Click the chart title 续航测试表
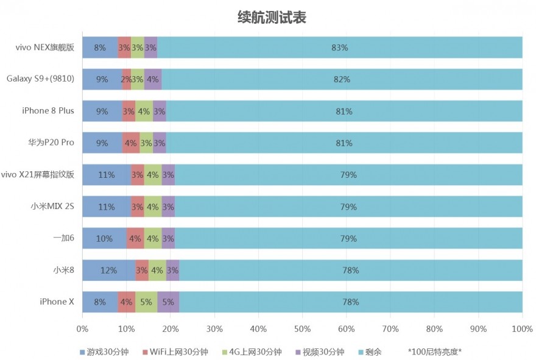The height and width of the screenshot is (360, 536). [271, 18]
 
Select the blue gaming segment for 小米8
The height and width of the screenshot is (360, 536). [108, 270]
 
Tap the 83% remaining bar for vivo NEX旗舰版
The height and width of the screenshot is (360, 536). [340, 48]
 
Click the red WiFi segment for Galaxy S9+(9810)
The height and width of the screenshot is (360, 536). [126, 79]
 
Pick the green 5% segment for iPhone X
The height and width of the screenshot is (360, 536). [146, 302]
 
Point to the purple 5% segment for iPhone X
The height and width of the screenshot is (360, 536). [168, 302]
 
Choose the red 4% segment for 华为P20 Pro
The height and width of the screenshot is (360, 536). [130, 143]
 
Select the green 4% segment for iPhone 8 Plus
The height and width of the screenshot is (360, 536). [144, 111]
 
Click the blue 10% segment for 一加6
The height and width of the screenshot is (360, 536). [104, 238]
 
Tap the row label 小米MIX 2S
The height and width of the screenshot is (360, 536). [52, 206]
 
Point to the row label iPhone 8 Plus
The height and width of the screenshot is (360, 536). [48, 111]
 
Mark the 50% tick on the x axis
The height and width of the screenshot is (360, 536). [302, 329]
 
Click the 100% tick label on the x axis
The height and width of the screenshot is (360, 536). [522, 329]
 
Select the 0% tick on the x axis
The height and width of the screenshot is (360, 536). [82, 329]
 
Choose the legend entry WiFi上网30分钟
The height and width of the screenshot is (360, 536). [175, 351]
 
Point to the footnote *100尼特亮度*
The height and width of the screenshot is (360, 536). [435, 351]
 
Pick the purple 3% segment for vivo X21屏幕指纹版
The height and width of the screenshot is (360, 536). [168, 175]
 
